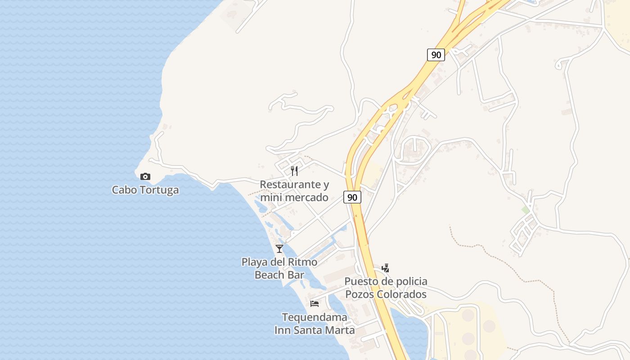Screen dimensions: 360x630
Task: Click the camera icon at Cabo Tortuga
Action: click(145, 176)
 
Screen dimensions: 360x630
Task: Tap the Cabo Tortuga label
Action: click(145, 190)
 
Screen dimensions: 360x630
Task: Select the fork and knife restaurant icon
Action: click(294, 171)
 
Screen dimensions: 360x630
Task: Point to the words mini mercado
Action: click(294, 197)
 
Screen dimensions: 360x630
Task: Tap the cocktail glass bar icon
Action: click(279, 248)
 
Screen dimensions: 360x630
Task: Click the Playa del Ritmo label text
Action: click(279, 262)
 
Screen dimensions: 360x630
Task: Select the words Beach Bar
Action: click(279, 274)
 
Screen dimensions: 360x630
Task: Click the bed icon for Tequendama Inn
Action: click(315, 304)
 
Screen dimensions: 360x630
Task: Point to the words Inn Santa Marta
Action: click(315, 330)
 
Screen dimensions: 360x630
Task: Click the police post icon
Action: click(385, 268)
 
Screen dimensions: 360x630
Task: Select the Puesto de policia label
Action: click(386, 282)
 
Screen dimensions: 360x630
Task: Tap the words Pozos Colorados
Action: click(386, 294)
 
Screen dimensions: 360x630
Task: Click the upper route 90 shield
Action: click(436, 55)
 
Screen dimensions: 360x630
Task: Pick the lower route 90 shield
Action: click(352, 197)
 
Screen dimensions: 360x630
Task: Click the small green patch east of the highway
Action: click(525, 210)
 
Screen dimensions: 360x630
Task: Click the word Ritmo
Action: click(302, 262)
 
